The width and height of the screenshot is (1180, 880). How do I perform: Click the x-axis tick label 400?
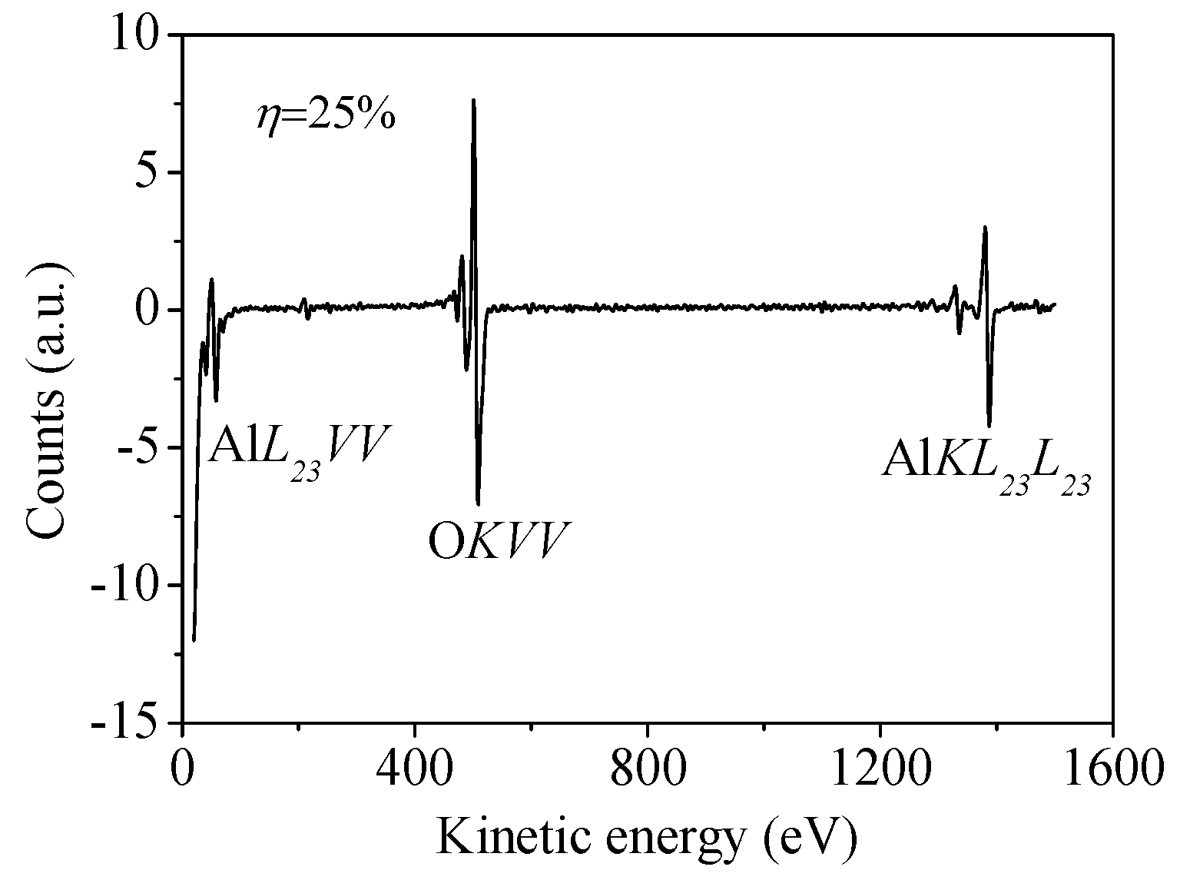(415, 768)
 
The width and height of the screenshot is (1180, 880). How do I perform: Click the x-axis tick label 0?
(183, 768)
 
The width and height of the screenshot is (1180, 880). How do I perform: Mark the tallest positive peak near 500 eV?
(474, 100)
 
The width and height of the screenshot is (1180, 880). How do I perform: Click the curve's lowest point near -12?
(194, 639)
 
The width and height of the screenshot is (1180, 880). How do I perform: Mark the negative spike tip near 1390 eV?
(989, 426)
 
